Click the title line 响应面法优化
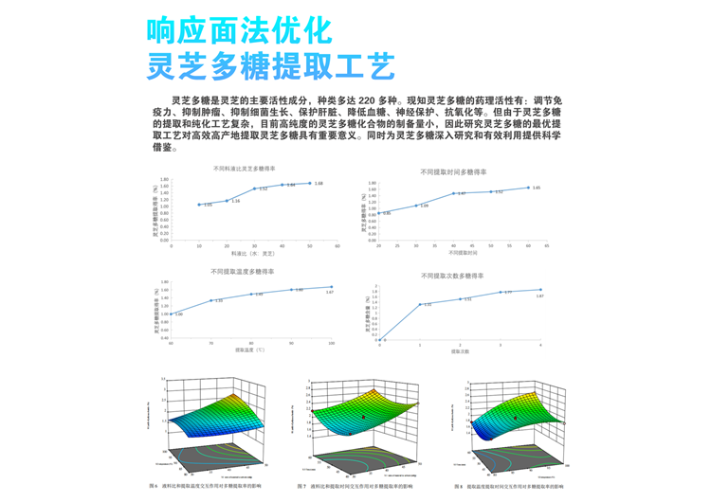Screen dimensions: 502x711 (239, 29)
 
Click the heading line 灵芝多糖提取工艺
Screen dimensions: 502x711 (271, 67)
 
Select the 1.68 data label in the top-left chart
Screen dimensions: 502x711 (319, 183)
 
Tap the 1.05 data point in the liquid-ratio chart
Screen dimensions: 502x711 (199, 205)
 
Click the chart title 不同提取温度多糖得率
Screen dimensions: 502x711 (249, 272)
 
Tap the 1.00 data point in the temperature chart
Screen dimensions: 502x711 (172, 314)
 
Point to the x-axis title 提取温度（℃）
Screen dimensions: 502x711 (250, 350)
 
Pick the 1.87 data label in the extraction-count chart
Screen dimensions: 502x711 (539, 296)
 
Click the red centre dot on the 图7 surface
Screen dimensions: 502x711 (362, 416)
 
